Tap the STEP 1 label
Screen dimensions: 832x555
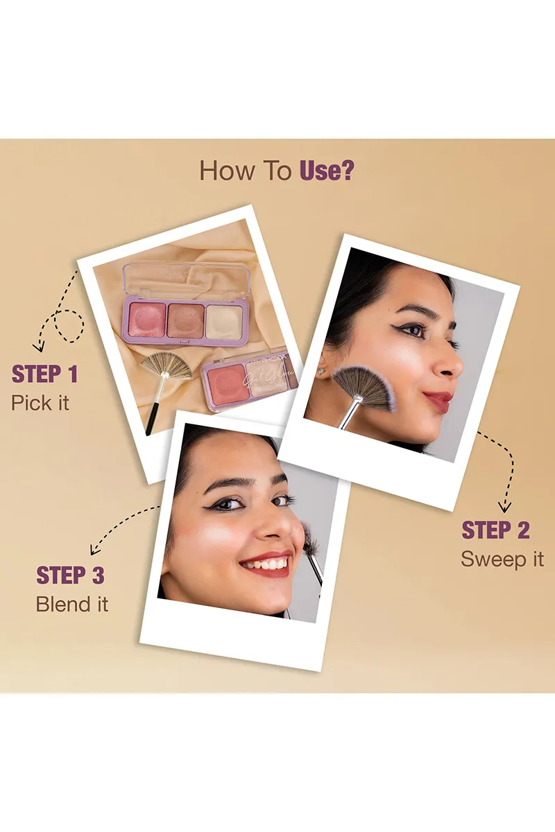44,374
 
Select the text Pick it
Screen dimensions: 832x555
40,403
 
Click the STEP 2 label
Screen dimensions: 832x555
495,530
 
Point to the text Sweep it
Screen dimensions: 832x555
502,560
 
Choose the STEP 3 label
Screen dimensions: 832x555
70,575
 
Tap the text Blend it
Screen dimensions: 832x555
72,604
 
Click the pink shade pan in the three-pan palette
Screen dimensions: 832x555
144,318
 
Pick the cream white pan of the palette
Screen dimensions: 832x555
223,320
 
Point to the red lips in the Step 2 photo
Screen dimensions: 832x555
438,400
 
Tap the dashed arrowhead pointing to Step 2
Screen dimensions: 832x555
506,508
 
